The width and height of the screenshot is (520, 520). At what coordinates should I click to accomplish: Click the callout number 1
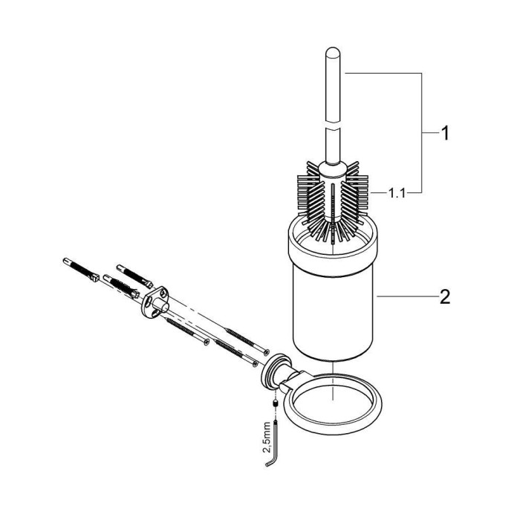445,133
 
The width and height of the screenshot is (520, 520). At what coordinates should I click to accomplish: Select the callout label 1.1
397,193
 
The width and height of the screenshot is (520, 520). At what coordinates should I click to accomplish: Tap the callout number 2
445,296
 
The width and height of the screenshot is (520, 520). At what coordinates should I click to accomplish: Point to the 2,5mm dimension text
267,438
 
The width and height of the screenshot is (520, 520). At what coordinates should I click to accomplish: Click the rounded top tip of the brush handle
333,51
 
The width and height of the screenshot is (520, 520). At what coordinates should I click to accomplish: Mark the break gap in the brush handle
333,126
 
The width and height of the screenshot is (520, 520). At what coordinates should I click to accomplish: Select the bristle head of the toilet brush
333,202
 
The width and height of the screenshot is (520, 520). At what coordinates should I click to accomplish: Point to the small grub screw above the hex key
275,404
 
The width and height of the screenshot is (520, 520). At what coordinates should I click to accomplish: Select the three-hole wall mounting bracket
155,300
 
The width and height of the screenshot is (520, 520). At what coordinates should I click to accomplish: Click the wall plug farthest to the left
81,270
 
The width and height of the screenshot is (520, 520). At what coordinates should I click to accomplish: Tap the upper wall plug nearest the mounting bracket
134,276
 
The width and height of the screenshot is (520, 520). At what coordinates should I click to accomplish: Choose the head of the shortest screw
207,342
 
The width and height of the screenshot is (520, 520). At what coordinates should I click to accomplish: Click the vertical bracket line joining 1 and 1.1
421,133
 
